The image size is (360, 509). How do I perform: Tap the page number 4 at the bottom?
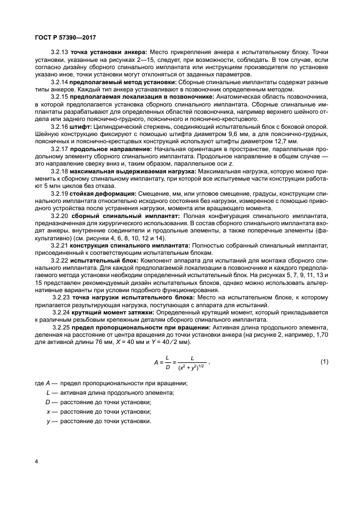click(x=36, y=462)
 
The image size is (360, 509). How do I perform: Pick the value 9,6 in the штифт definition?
click(x=230, y=134)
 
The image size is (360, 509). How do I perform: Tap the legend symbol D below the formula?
click(x=48, y=402)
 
